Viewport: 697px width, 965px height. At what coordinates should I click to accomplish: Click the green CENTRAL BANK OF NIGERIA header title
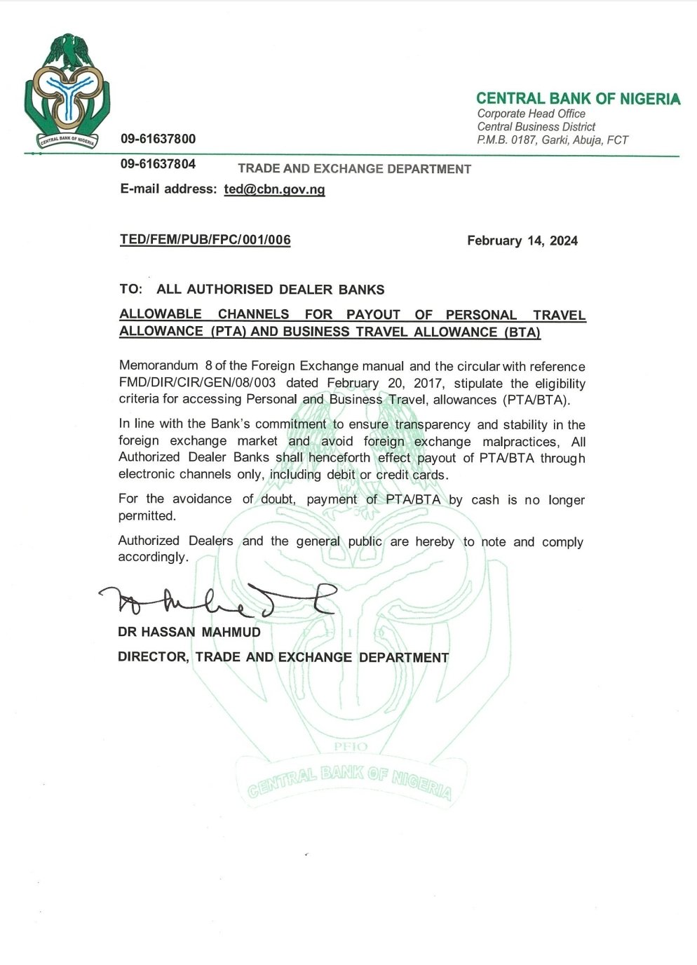pos(578,99)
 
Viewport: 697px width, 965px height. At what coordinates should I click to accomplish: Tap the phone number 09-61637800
pos(158,139)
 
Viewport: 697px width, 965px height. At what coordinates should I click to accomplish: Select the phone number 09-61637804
pos(158,164)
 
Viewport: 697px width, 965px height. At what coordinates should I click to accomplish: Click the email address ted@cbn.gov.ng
pos(274,189)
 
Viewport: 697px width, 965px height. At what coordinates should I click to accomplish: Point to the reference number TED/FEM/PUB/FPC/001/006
pos(205,240)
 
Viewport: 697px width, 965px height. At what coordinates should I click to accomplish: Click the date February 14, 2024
pos(522,241)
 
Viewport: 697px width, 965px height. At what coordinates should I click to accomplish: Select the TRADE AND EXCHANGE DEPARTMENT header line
pos(354,169)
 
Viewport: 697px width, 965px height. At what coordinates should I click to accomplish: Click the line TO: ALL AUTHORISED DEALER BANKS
pos(252,289)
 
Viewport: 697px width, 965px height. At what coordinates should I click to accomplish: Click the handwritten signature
pos(217,600)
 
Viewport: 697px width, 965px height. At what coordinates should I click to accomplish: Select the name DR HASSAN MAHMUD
pos(189,632)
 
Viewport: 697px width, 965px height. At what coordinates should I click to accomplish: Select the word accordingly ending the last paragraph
pos(152,558)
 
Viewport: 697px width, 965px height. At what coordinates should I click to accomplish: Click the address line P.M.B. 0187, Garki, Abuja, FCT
pos(553,140)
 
